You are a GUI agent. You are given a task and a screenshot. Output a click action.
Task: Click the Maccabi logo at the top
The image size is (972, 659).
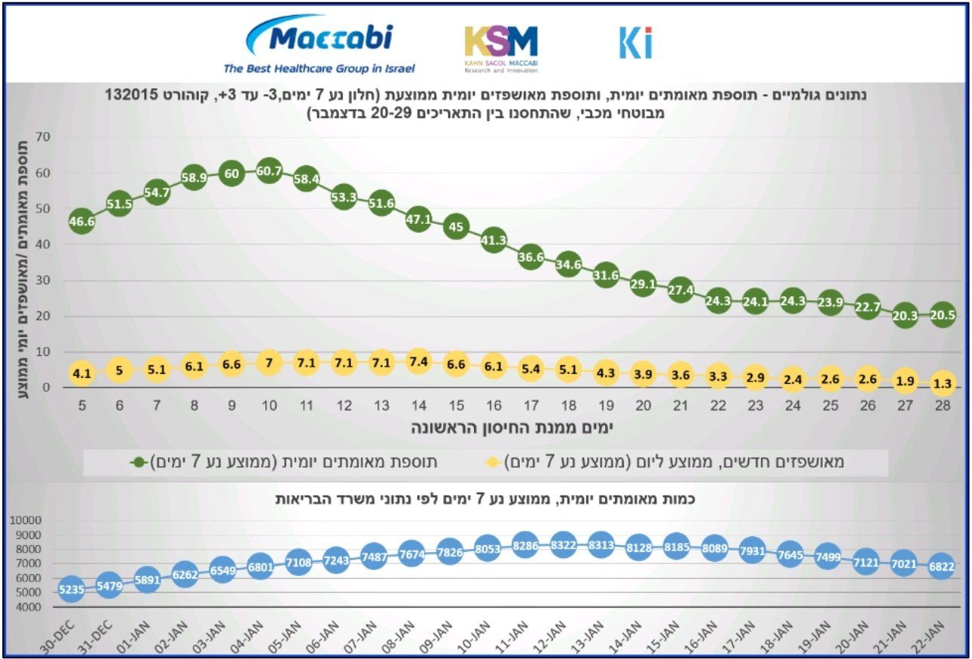319,44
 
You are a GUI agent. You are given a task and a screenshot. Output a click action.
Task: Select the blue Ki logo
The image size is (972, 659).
635,43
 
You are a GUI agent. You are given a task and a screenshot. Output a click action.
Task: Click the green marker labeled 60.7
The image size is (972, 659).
269,172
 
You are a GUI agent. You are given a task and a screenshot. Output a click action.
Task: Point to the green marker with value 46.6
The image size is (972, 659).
81,222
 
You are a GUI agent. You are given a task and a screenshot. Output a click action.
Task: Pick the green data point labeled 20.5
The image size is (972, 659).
943,315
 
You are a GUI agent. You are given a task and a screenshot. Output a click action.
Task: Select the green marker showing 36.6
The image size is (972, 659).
531,257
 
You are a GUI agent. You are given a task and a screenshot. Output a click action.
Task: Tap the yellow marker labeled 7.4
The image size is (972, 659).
419,362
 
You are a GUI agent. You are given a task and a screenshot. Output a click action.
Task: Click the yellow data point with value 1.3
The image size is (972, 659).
943,383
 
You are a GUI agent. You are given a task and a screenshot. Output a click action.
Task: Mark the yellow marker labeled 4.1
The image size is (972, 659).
81,373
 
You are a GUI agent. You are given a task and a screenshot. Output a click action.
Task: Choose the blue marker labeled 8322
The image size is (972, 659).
563,544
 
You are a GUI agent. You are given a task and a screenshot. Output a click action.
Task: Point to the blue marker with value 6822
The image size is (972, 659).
942,567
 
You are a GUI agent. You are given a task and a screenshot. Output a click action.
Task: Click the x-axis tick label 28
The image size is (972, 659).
942,406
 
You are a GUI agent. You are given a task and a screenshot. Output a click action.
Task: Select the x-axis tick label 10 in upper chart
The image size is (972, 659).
269,406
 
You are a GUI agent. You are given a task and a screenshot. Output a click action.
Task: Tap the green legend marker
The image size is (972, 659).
139,461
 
